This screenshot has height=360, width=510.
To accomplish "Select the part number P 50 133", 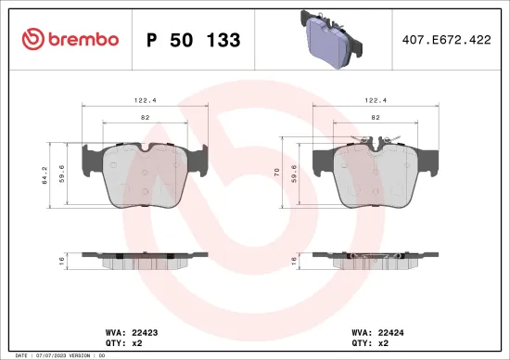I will point(194,40).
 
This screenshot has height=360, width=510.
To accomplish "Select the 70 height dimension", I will point(278,173).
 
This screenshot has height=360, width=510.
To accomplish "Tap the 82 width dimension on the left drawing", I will point(144,118).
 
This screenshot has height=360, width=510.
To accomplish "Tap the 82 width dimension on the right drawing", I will point(375,118).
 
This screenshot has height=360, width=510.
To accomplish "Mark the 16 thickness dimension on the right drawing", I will point(295,260).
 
